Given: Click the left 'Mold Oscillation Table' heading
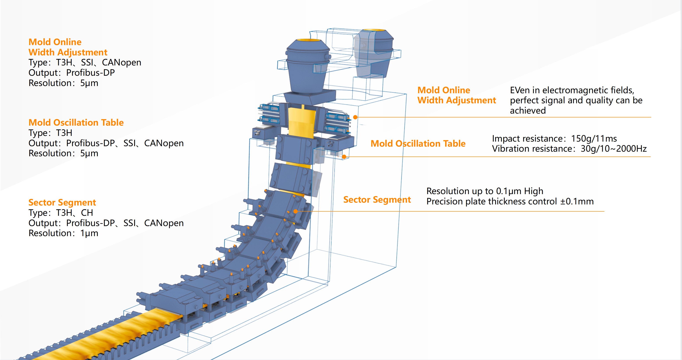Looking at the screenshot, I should pyautogui.click(x=76, y=123).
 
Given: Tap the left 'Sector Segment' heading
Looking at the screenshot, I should pyautogui.click(x=62, y=202).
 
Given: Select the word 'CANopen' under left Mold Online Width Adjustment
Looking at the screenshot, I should pyautogui.click(x=121, y=62).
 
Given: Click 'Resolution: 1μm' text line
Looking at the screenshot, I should pyautogui.click(x=63, y=233).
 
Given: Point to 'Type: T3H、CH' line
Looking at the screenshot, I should pyautogui.click(x=61, y=213).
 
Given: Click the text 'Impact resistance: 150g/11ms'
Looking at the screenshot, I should pyautogui.click(x=554, y=139).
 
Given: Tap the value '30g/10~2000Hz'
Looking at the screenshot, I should pyautogui.click(x=613, y=149).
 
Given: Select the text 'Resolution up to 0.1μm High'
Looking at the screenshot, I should pyautogui.click(x=485, y=191).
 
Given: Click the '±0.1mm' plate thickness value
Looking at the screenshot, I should pyautogui.click(x=577, y=201).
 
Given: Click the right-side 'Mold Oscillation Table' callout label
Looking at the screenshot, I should pyautogui.click(x=418, y=144).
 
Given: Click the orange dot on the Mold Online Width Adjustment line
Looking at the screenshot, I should pyautogui.click(x=355, y=117).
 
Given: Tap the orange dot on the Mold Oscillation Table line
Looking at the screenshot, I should pyautogui.click(x=344, y=157).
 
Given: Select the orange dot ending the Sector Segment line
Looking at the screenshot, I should pyautogui.click(x=295, y=211).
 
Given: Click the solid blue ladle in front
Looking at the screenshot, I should pyautogui.click(x=308, y=66).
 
